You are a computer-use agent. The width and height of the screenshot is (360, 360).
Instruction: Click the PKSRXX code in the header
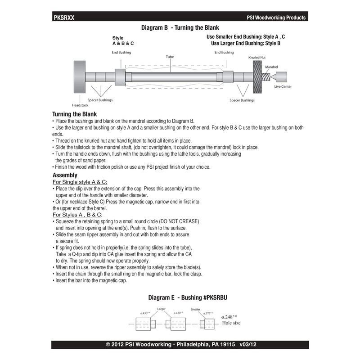pos(63,18)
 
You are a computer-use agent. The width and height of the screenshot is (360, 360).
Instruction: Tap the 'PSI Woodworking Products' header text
pos(276,18)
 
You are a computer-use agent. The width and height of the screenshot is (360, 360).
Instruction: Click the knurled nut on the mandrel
pos(257,76)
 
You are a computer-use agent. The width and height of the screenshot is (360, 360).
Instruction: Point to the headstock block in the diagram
pos(80,76)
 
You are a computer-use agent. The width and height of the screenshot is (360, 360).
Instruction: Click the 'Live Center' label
pos(283,86)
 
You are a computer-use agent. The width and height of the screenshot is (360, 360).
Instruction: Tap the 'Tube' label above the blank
pos(170,57)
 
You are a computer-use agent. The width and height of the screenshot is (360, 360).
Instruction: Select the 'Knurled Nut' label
pos(257,58)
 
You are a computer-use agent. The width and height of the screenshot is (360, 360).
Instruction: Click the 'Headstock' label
pos(81,105)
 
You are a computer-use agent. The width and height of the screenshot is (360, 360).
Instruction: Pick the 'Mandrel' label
pos(271,66)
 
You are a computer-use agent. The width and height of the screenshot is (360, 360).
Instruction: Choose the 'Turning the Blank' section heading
pos(74,114)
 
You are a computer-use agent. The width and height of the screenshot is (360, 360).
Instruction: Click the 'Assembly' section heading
pos(65,175)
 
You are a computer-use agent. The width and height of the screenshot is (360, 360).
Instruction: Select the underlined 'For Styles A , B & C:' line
pos(77,215)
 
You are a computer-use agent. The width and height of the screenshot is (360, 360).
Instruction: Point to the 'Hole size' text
pos(231,323)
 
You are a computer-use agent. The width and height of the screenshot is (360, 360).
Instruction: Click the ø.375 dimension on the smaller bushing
pos(207,313)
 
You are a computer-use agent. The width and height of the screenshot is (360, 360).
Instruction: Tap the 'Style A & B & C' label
pos(123,41)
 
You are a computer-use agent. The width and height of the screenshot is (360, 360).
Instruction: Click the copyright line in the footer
pos(180,345)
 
